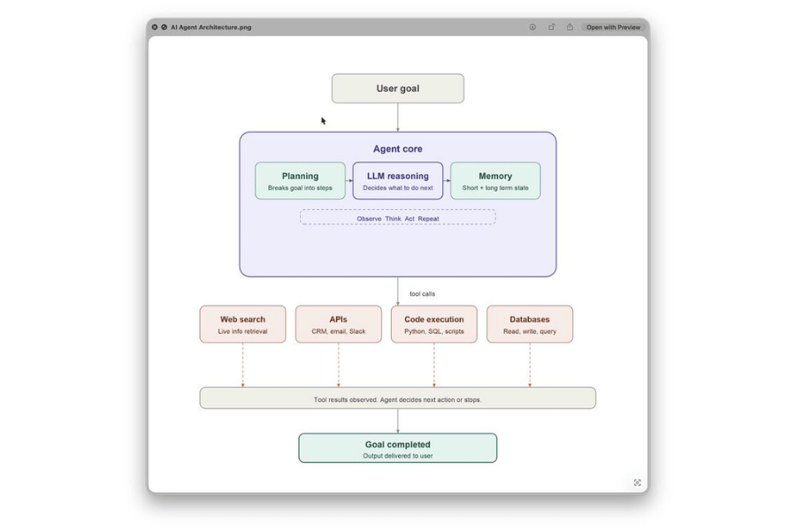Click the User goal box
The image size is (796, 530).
(397, 88)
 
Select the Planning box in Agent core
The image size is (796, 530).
(300, 180)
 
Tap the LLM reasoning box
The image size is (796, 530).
(397, 180)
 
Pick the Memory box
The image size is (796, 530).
(495, 180)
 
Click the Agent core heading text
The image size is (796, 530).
(397, 148)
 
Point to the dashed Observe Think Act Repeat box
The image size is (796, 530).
(397, 217)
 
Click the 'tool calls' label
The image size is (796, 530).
(423, 293)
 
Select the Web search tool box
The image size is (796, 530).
(242, 324)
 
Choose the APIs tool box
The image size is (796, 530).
(338, 324)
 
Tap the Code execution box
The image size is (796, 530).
(434, 324)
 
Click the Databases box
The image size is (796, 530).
(530, 324)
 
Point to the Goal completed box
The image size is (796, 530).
(397, 448)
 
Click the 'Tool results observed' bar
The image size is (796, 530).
(397, 398)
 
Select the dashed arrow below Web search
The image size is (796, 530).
(242, 365)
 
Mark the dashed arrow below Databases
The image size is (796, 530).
(530, 365)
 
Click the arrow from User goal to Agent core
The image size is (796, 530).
(397, 117)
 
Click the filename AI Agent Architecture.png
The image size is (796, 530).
(210, 27)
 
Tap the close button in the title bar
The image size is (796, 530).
(155, 27)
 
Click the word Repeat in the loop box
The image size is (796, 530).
(428, 218)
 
